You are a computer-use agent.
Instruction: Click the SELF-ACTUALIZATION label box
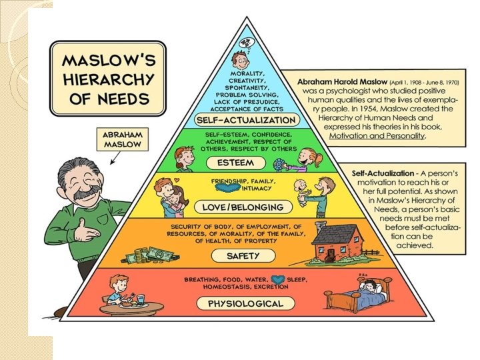point(246,120)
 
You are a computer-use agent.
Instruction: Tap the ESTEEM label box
point(245,163)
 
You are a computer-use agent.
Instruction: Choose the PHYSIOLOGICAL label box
point(245,303)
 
